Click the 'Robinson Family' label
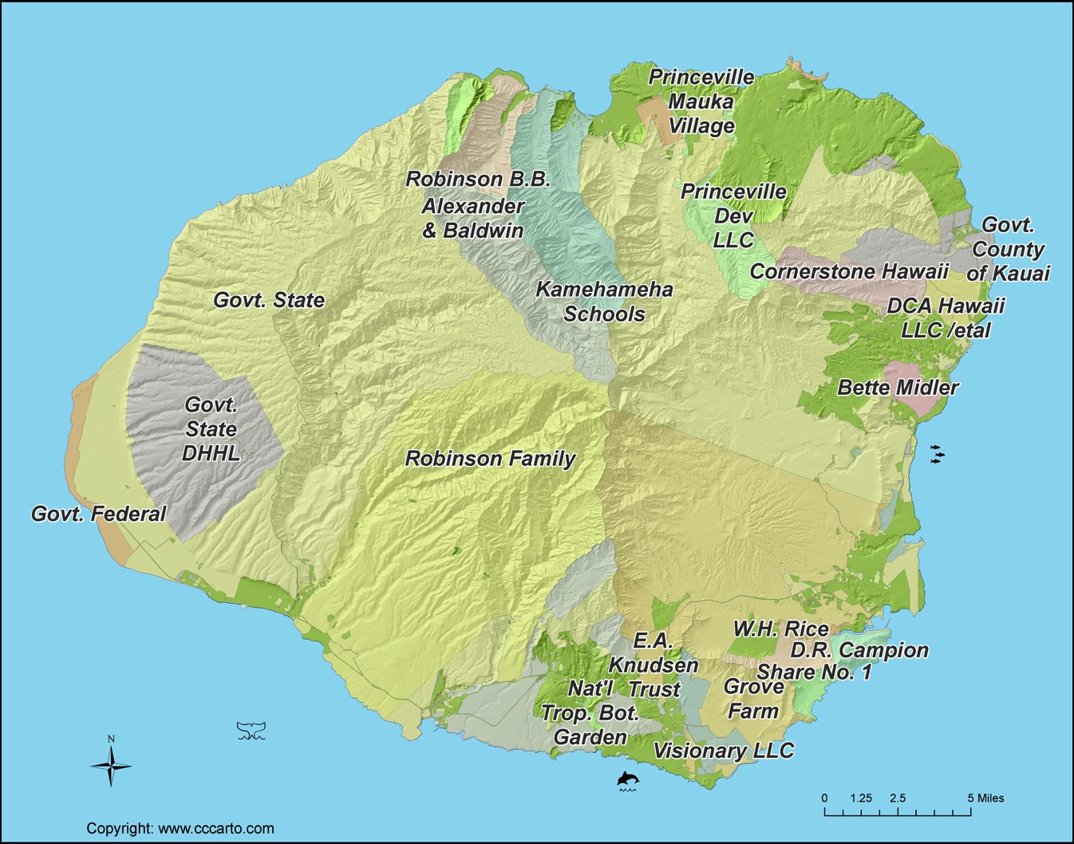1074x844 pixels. point(490,459)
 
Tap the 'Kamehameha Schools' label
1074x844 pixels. point(604,302)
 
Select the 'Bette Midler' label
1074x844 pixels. point(898,388)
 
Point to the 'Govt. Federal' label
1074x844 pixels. point(99,514)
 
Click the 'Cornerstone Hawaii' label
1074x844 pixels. point(849,271)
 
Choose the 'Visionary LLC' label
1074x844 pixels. point(724,751)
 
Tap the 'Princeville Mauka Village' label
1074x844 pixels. point(701,101)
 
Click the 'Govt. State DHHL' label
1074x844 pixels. point(211,428)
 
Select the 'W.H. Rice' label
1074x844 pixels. point(780,629)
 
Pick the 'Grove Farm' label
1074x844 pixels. point(753,699)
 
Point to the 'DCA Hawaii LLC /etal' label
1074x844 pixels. point(946,317)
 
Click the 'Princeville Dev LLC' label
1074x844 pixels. point(732,215)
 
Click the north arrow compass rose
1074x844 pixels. point(111,765)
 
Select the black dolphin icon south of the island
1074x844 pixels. point(628,779)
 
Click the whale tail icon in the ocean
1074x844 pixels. point(251,730)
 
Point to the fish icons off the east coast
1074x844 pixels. point(938,454)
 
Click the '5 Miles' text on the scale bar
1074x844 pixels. point(986,798)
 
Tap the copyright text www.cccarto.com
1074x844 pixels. point(180,828)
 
